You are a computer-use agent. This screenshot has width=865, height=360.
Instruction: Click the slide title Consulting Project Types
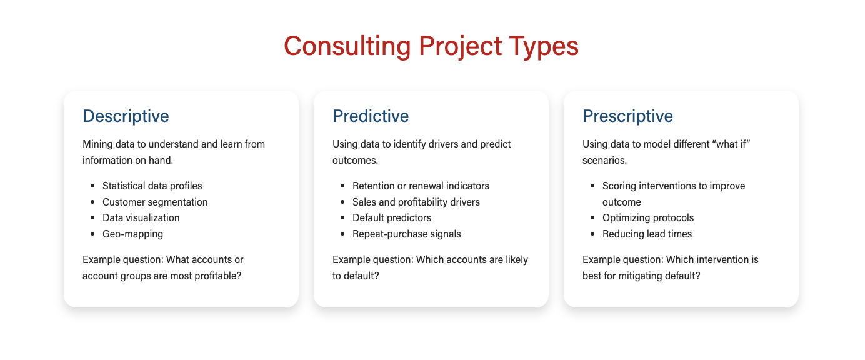pos(431,47)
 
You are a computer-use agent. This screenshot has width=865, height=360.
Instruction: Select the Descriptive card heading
pos(126,116)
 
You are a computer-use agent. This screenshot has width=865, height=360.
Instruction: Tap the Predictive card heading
pos(371,116)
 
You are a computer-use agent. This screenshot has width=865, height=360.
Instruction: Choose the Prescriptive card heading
pos(627,116)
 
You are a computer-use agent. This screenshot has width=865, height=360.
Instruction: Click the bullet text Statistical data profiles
pos(152,186)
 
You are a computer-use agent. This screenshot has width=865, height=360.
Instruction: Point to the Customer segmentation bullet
pos(155,202)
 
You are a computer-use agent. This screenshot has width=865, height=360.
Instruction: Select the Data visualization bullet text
pos(141,218)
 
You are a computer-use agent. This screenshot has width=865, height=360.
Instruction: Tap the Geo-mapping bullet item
pos(132,234)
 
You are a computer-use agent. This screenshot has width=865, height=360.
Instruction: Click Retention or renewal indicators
pos(421,186)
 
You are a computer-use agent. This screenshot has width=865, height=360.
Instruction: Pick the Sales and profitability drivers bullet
pos(416,202)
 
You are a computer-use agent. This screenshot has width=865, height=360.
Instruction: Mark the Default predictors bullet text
pos(392,218)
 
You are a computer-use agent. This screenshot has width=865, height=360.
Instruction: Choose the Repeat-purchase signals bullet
pos(407,234)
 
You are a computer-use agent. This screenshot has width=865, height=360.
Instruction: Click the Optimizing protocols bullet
pos(648,218)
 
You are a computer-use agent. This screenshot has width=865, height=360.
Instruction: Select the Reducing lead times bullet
pos(647,234)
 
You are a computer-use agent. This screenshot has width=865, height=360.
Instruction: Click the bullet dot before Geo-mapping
pos(92,234)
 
